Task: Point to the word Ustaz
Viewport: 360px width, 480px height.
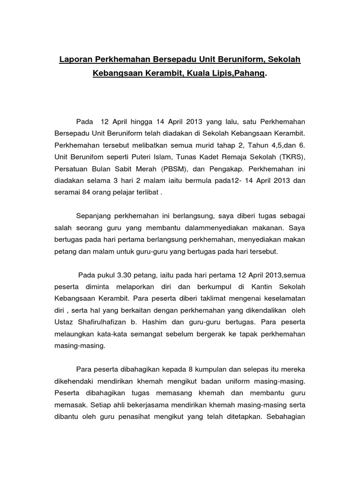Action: (x=65, y=322)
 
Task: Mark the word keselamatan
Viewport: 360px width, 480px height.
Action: (x=283, y=298)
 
